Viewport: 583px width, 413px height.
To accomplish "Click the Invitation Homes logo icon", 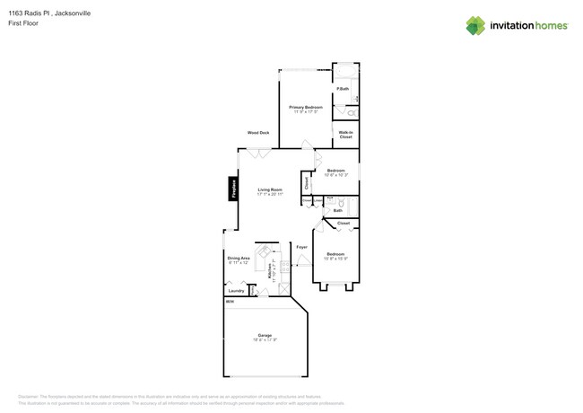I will (x=475, y=25).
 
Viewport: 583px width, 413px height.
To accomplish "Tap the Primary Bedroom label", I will (x=306, y=107).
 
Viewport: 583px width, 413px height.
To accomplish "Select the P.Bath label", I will (x=343, y=89).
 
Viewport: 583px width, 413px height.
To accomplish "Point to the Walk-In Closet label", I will (x=345, y=135).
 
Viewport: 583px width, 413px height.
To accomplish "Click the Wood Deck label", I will (x=258, y=133).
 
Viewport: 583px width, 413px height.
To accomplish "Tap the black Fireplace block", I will (x=233, y=189).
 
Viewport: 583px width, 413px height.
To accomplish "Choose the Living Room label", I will (x=270, y=189).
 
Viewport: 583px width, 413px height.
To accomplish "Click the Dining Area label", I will (x=239, y=258).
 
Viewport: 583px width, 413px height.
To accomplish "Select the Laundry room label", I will (x=237, y=291).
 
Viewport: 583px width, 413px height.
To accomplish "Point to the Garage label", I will (x=265, y=335).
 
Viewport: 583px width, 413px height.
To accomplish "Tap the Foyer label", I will (x=301, y=246).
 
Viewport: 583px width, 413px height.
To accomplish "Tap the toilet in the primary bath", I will (x=351, y=113).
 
